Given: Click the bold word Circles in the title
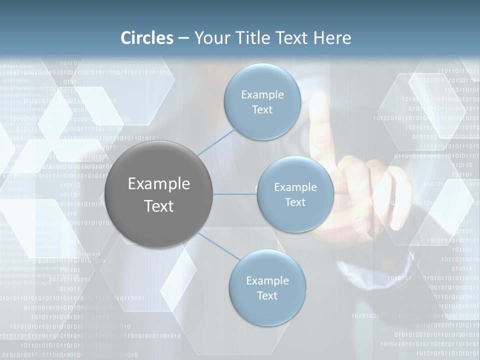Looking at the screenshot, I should [147, 38].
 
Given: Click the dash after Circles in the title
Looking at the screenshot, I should [183, 38].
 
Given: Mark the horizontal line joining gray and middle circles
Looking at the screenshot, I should [234, 194].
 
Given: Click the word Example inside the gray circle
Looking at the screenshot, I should [158, 183].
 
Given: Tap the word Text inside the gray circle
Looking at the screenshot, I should [158, 206].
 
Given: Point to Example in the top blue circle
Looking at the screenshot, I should [262, 94].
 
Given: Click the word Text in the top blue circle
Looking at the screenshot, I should [262, 109].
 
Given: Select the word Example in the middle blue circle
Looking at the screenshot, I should [295, 187].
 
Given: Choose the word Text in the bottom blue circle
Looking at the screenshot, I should [267, 295].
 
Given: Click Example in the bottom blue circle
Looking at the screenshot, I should [267, 280].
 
